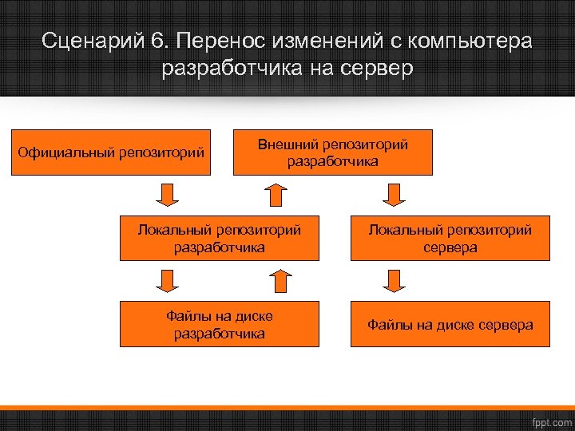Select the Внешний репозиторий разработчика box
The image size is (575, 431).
tap(332, 152)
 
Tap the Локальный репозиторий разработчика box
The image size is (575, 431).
tap(220, 238)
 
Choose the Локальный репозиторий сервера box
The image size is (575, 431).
tap(450, 238)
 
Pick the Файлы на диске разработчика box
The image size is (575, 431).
tap(220, 324)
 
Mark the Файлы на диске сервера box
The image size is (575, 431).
tap(450, 324)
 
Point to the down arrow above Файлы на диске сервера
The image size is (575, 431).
tap(394, 280)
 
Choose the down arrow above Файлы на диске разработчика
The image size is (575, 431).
tap(165, 280)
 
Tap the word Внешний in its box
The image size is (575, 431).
tap(287, 144)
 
